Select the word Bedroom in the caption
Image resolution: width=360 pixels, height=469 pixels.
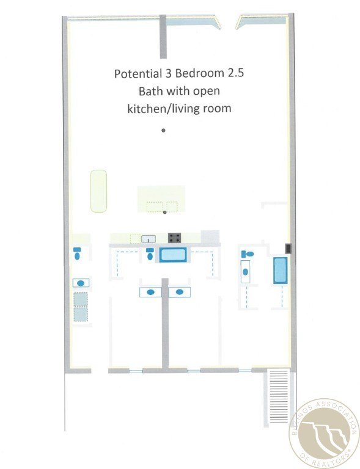pos(200,73)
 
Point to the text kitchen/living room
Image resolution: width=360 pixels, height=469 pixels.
pos(179,108)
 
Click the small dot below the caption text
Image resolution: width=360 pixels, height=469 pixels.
pos(163,130)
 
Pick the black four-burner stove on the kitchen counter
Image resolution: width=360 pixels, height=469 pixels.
pos(175,238)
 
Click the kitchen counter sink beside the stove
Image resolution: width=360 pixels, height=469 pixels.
pos(149,239)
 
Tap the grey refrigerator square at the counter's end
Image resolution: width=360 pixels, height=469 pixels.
pos(210,236)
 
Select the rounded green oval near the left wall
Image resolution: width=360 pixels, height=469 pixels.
pos(98,191)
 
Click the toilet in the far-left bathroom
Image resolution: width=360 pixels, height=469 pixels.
pos(77,253)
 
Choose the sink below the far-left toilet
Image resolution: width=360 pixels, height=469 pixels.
pos(81,283)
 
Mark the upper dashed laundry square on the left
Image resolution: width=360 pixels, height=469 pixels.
pos(81,299)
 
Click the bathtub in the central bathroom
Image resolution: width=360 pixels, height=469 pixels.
pos(173,255)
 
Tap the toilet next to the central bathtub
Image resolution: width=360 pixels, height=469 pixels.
pos(150,254)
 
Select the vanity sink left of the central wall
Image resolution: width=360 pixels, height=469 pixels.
pos(150,293)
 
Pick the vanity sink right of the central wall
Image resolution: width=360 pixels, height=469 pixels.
pos(179,293)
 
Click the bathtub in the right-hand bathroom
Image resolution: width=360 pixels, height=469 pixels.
pos(281,271)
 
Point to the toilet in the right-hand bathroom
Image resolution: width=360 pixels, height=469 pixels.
pos(248,254)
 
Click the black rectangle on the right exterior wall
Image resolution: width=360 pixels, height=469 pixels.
pos(288,249)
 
